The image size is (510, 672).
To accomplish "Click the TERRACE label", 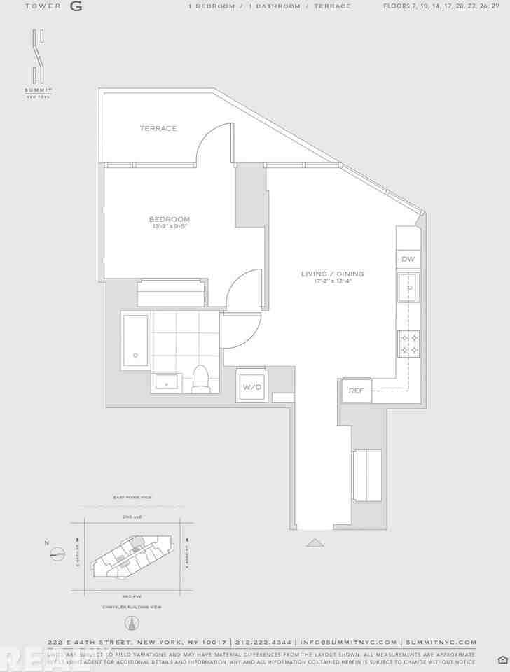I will [x=158, y=128].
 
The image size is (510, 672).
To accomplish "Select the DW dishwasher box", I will [x=408, y=259].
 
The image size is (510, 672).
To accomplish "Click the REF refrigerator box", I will [x=356, y=391].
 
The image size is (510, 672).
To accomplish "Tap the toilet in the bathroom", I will [x=201, y=378].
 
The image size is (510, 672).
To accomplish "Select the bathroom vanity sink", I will [x=167, y=383].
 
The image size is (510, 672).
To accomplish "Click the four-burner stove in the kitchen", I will [x=408, y=343].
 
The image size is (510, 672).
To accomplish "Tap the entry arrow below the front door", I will [x=315, y=542].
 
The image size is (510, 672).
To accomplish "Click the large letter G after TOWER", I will [x=76, y=6].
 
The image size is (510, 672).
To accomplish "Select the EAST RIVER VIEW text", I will [x=132, y=498].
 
